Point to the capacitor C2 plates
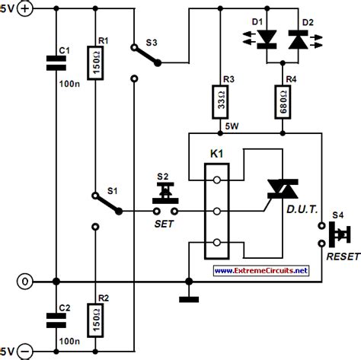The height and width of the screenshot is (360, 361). tap(55, 315)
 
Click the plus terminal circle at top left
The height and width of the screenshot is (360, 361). tap(25, 10)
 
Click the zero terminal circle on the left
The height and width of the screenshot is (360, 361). tap(25, 281)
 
